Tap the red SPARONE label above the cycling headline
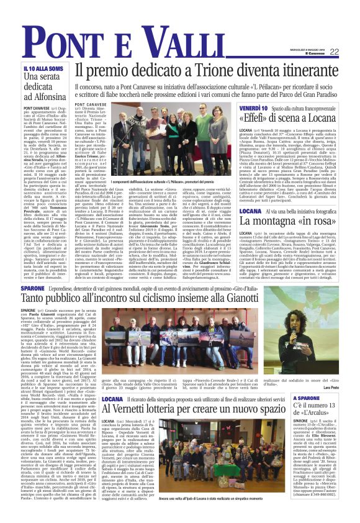[x=32, y=289]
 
